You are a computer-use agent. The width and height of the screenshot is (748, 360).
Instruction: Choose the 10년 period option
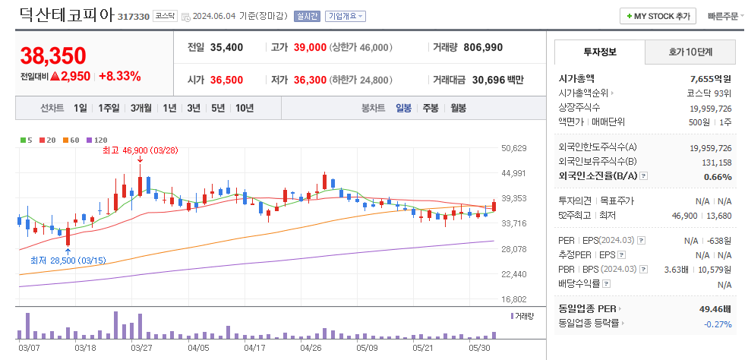click(x=245, y=108)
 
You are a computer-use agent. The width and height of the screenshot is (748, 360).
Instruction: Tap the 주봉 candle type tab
click(x=431, y=108)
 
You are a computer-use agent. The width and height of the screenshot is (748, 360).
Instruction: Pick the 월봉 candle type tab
click(x=458, y=108)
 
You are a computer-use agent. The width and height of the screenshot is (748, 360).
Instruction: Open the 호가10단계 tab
click(x=690, y=52)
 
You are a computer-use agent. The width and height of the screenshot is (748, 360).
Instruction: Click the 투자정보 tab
click(x=600, y=52)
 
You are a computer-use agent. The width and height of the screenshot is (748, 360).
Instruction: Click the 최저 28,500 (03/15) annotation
click(x=68, y=261)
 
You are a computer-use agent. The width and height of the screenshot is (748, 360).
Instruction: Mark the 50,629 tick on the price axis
click(x=514, y=148)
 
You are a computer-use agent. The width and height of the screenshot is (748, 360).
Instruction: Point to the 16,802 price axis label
click(x=514, y=299)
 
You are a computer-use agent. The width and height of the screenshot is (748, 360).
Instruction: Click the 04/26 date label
click(x=311, y=348)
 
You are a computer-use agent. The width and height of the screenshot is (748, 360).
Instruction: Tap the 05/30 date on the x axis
click(x=480, y=348)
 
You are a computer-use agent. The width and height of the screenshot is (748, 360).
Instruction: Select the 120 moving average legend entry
click(x=97, y=140)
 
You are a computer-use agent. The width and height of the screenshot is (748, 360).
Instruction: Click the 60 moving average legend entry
click(x=73, y=140)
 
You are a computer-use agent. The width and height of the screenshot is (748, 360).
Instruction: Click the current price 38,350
click(x=53, y=55)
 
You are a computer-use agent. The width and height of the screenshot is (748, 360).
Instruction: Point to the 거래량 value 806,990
click(x=483, y=47)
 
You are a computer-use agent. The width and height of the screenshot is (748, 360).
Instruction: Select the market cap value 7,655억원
click(x=710, y=78)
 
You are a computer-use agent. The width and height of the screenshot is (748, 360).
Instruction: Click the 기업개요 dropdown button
click(x=345, y=16)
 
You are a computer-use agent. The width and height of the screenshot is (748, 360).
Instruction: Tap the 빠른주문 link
click(x=721, y=16)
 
